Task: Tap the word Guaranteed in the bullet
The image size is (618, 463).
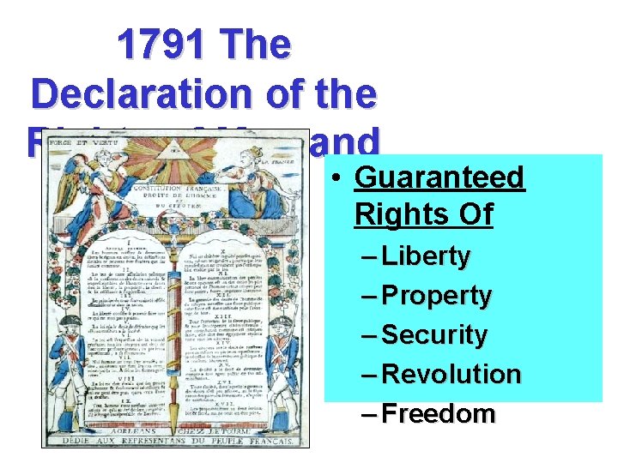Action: [x=439, y=177]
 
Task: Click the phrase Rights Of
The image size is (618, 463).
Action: [x=423, y=213]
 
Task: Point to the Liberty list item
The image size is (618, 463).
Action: [x=427, y=256]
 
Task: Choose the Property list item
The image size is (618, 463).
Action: [x=437, y=296]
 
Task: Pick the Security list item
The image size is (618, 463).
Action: [x=434, y=334]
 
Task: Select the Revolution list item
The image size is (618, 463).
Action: [x=451, y=374]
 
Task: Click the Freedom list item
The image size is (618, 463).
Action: [x=439, y=413]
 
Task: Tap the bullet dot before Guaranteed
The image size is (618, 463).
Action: [x=339, y=178]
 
